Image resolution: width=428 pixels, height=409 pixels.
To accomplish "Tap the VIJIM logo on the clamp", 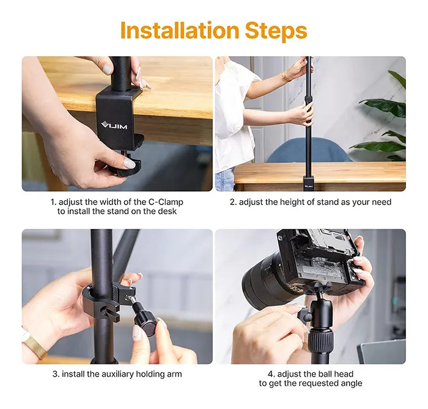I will pos(114,125).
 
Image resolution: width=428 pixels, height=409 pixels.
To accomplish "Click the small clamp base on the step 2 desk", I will pos(309,183).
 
